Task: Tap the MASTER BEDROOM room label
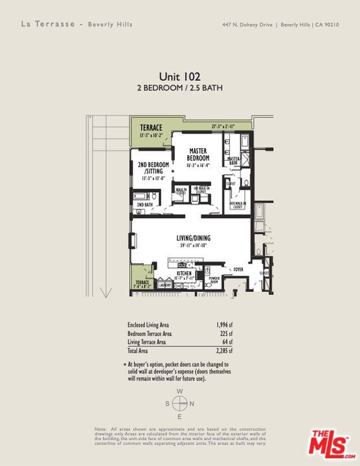[x=198, y=155]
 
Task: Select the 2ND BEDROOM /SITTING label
[x=153, y=168]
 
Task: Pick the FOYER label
[x=238, y=269]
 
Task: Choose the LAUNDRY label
[x=164, y=285]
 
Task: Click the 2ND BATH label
[x=144, y=205]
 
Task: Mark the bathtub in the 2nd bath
[x=142, y=195]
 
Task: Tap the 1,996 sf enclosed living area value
[x=224, y=326]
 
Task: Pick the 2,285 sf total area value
[x=224, y=351]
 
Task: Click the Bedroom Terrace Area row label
[x=150, y=334]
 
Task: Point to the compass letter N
[x=192, y=404]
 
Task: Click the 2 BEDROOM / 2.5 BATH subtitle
[x=179, y=87]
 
